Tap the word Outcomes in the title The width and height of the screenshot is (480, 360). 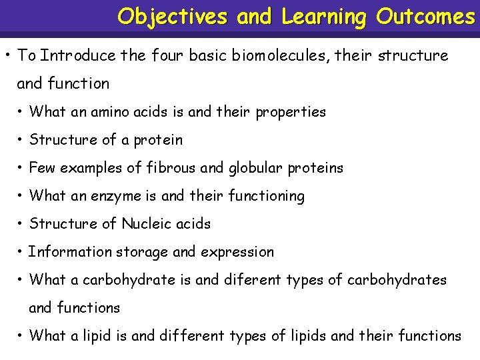click(x=425, y=16)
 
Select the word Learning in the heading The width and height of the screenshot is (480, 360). click(x=324, y=16)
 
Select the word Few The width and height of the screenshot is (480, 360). click(x=42, y=167)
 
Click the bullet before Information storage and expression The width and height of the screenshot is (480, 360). click(x=21, y=252)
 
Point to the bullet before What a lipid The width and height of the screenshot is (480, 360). click(x=21, y=336)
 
